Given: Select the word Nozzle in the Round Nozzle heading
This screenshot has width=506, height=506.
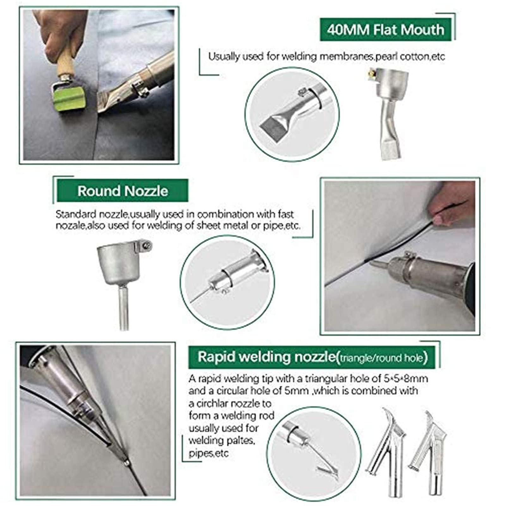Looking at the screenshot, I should pyautogui.click(x=146, y=191).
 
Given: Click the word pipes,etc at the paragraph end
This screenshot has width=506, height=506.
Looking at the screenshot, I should pyautogui.click(x=208, y=454).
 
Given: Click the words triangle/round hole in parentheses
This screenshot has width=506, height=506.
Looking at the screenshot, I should pyautogui.click(x=381, y=358).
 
